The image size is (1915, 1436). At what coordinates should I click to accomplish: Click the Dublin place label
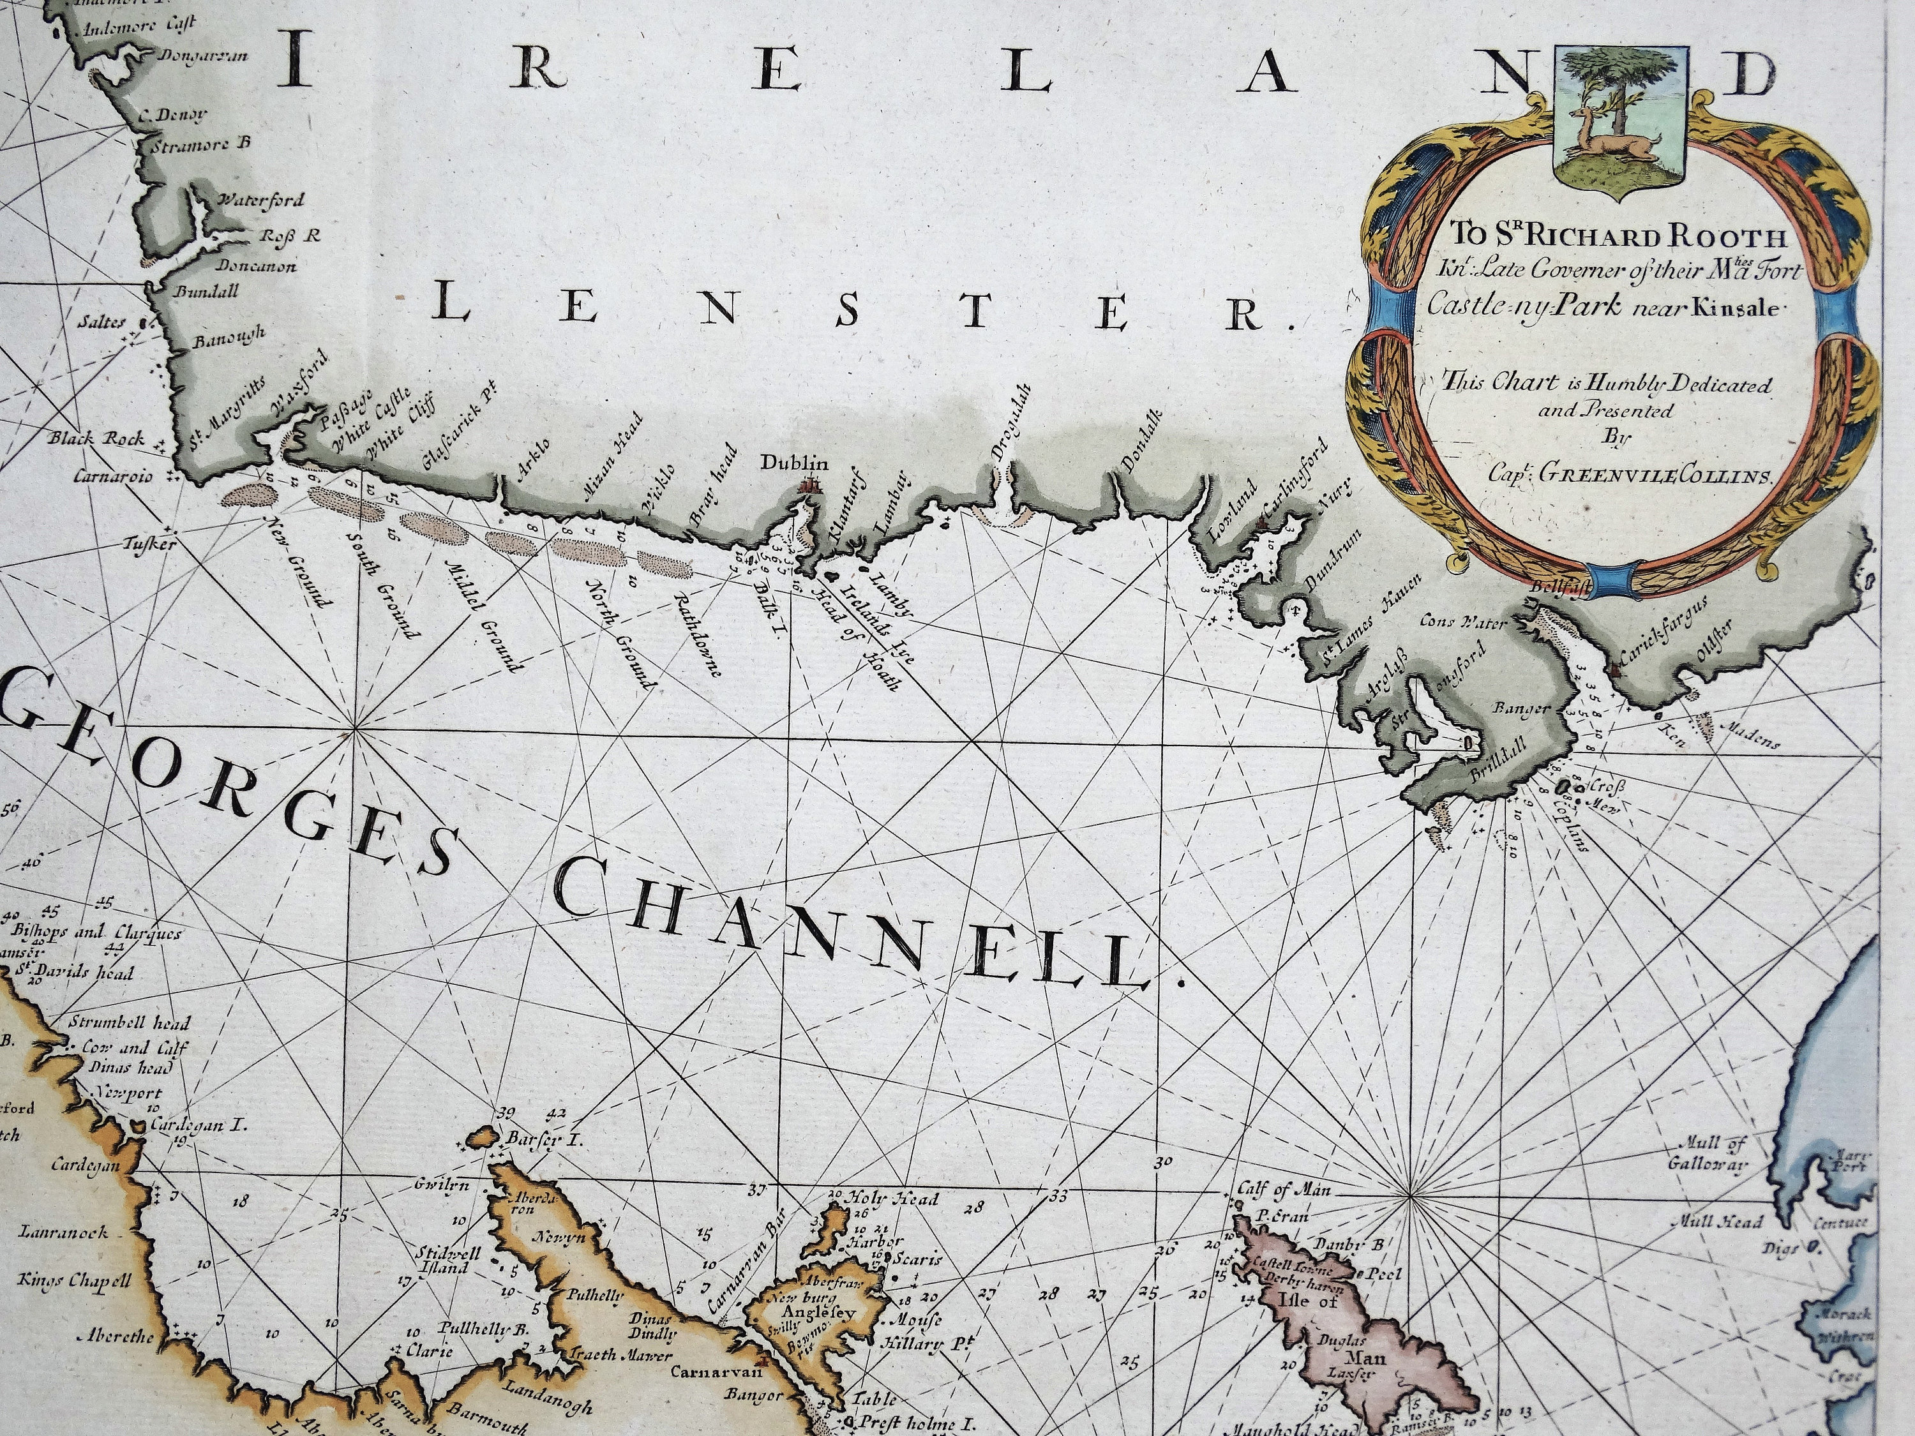(x=794, y=464)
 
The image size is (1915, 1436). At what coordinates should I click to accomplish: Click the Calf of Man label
(x=1283, y=1189)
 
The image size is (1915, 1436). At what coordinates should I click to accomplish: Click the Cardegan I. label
(x=199, y=1126)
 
